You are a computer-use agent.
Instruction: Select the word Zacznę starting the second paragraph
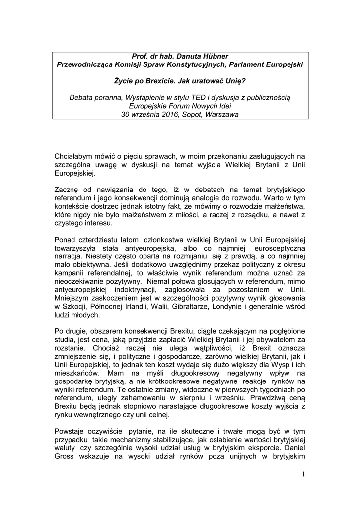click(67, 190)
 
